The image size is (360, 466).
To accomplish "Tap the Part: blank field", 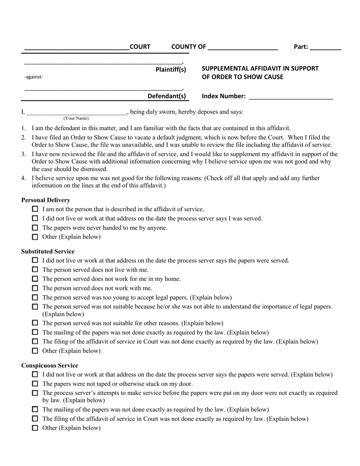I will coord(325,48).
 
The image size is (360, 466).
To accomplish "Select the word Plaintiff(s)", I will coord(171,69).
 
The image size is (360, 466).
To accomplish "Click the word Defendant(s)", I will coord(167,96).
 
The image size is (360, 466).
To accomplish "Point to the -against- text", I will coord(34,77).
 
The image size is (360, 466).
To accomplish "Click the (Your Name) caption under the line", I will coord(76,118).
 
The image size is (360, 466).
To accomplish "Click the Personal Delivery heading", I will coord(45,200).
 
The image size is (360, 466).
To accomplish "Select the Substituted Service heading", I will coord(48,251).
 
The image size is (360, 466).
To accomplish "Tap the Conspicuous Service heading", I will coord(50,365).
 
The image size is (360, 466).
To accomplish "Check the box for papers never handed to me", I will coord(35,228).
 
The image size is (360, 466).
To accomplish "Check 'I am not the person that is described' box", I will coord(35,209).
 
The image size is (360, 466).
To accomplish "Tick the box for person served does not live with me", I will coord(35,269).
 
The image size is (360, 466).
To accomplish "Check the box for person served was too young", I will coord(35,297).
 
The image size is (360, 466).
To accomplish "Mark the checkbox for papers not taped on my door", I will coord(35,383).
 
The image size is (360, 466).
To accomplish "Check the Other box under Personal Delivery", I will coord(35,237).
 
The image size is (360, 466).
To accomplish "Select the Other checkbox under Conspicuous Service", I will coord(35,428).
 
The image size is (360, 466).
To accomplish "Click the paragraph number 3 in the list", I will coord(23,154).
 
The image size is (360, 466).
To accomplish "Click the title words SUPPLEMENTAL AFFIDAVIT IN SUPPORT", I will coord(260,69).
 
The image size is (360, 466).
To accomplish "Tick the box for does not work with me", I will coord(35,288).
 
